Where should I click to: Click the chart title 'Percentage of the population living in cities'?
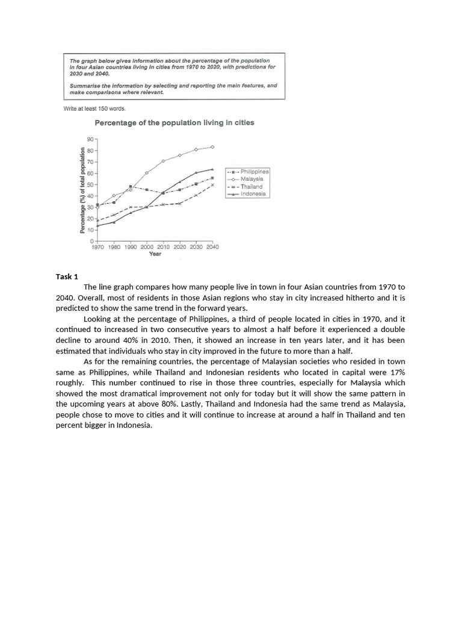(174, 123)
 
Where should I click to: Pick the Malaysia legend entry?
(251, 179)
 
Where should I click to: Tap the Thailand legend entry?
(251, 187)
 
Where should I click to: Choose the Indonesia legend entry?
(252, 194)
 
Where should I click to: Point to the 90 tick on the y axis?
(90, 139)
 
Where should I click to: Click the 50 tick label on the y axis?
(90, 184)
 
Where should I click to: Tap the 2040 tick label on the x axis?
(212, 247)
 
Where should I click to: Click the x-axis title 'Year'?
(155, 254)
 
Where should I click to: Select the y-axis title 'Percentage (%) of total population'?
(82, 190)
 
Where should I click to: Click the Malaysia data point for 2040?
(212, 146)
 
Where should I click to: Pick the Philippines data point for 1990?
(131, 187)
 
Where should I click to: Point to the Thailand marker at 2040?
(212, 185)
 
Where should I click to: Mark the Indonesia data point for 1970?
(97, 226)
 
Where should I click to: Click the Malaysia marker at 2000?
(147, 173)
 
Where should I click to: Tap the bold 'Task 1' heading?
(67, 277)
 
